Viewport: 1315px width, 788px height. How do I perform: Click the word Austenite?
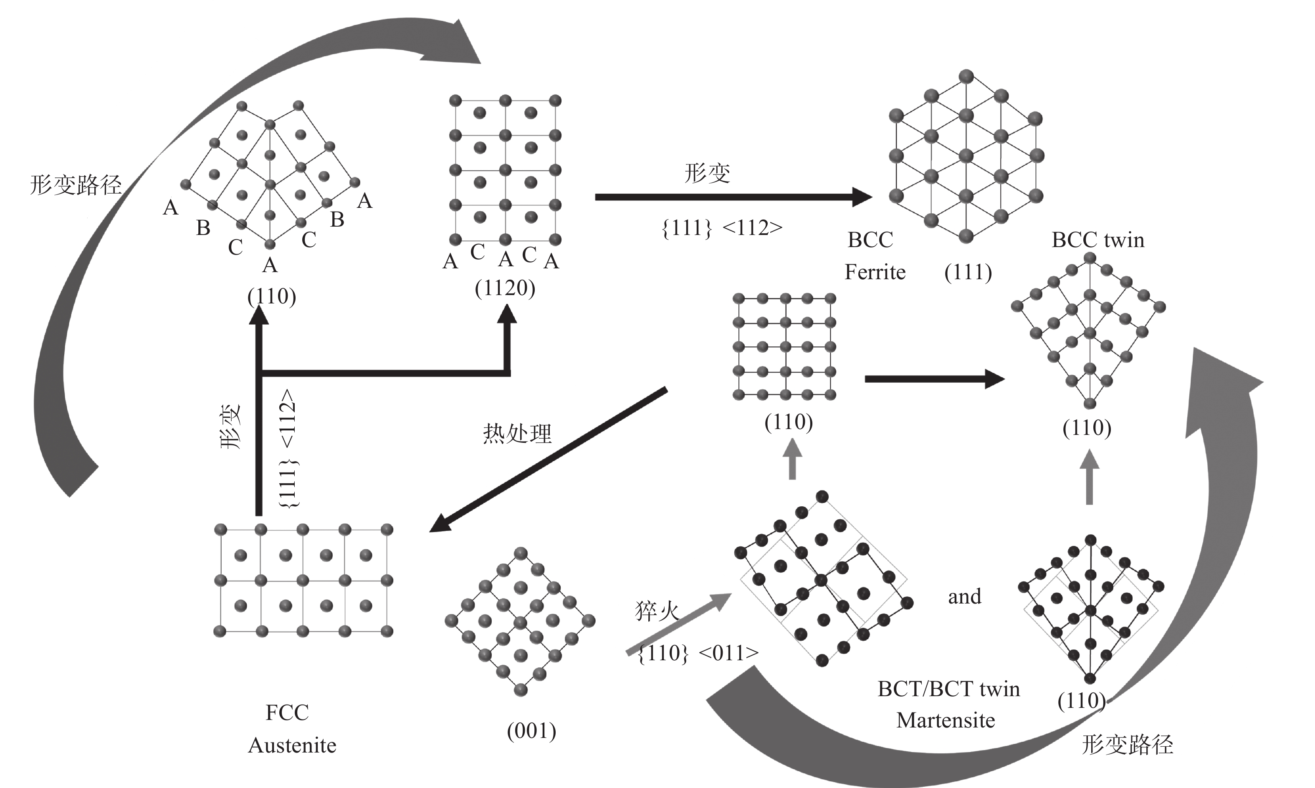point(292,745)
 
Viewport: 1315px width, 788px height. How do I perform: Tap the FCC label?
point(287,712)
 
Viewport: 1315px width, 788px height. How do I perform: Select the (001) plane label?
point(531,731)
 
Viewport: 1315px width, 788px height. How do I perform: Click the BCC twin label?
point(1098,240)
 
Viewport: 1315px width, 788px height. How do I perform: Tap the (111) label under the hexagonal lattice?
point(968,273)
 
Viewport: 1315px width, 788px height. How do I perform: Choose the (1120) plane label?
point(505,288)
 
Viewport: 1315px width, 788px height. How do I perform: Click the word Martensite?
point(946,720)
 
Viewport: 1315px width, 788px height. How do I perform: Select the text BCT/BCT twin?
point(948,689)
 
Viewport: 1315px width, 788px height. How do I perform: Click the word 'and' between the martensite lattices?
point(964,596)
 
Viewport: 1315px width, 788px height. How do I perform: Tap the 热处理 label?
point(517,434)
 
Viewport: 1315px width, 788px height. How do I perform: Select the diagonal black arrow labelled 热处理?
point(548,460)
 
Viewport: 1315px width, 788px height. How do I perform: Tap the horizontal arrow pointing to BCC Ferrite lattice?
point(733,197)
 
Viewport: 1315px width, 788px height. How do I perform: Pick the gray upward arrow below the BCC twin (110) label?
point(1089,477)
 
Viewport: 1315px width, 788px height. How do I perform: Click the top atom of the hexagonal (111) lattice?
point(966,76)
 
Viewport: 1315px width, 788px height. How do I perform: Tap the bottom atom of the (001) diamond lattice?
point(521,689)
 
